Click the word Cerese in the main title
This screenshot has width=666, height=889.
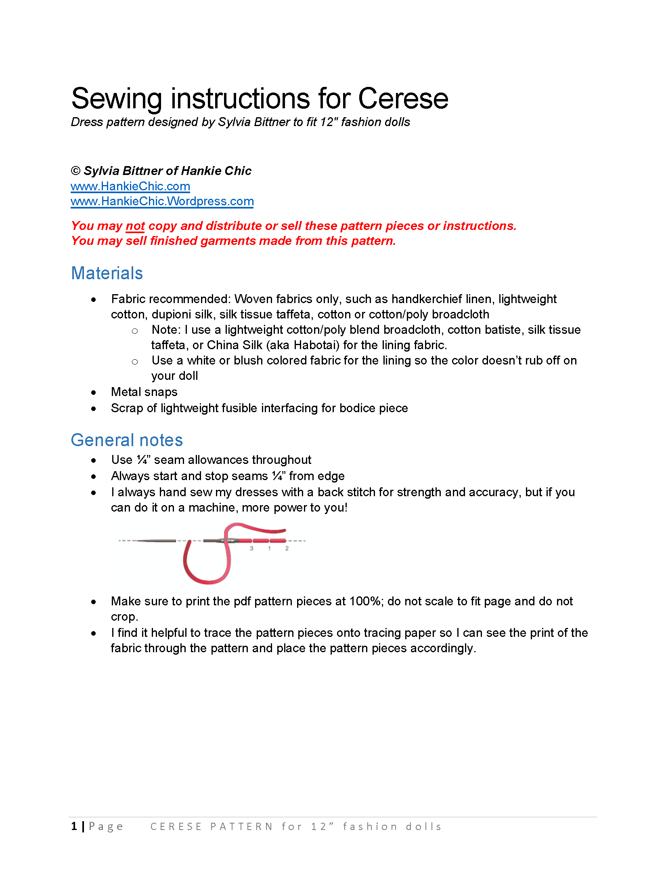pos(403,99)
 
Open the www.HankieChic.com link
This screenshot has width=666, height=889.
pos(130,186)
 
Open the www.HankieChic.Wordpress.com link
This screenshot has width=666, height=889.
pos(162,201)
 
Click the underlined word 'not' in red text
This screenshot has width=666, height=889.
pos(135,226)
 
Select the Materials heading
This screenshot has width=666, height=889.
pos(107,273)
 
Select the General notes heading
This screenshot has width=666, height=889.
pos(127,440)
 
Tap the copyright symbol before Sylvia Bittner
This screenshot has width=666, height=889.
pos(75,171)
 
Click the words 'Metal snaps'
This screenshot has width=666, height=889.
pos(144,392)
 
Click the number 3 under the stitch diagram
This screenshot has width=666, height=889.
pos(251,548)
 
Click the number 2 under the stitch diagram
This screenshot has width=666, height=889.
pos(287,548)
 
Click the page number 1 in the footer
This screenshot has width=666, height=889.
pos(74,826)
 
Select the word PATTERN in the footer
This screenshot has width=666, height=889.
pos(241,827)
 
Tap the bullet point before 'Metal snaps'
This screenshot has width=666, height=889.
pos(94,392)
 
